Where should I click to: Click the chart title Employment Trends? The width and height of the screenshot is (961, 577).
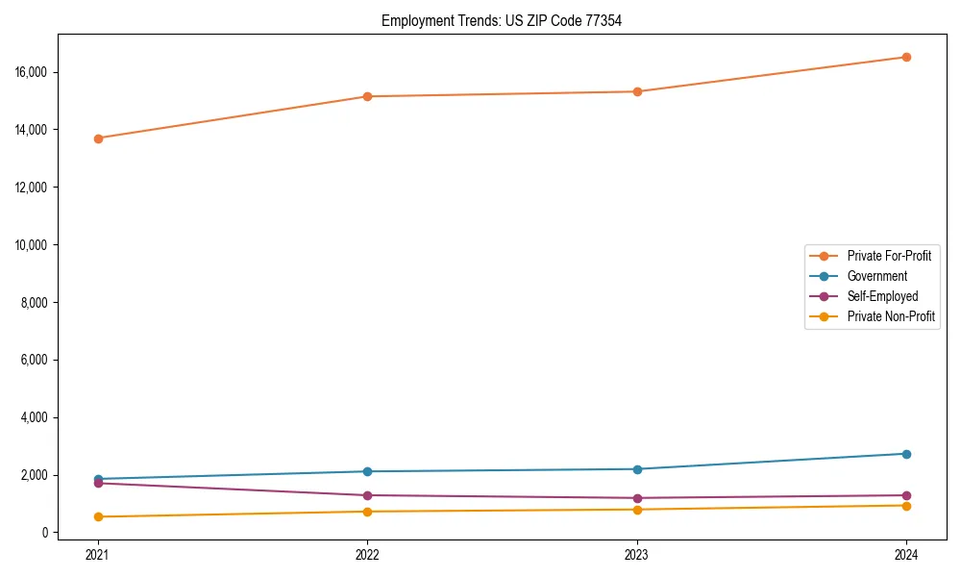(x=502, y=20)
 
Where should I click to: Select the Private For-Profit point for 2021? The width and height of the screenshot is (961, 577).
(x=98, y=138)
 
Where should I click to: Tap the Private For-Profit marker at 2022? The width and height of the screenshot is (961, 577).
(x=367, y=96)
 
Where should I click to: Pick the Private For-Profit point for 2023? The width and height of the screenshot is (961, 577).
(x=637, y=91)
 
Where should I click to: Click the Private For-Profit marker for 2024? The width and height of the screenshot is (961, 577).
(x=906, y=57)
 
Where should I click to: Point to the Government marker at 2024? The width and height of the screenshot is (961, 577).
(x=906, y=454)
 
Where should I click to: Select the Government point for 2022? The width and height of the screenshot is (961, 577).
(x=367, y=471)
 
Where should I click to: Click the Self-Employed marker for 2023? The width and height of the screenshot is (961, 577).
(x=637, y=498)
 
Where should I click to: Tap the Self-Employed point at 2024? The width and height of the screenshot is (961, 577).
(x=906, y=495)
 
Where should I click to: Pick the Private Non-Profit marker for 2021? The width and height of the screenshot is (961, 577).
(x=98, y=516)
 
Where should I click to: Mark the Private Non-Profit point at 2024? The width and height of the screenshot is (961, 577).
(x=906, y=506)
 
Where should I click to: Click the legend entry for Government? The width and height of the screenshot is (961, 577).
(x=876, y=276)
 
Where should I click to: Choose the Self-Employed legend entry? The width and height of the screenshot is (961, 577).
(x=882, y=296)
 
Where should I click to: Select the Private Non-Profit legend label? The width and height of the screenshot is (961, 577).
(x=891, y=316)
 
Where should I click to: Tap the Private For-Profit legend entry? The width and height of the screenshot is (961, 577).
(x=889, y=256)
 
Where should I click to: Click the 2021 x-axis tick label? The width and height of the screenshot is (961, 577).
(x=98, y=554)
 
